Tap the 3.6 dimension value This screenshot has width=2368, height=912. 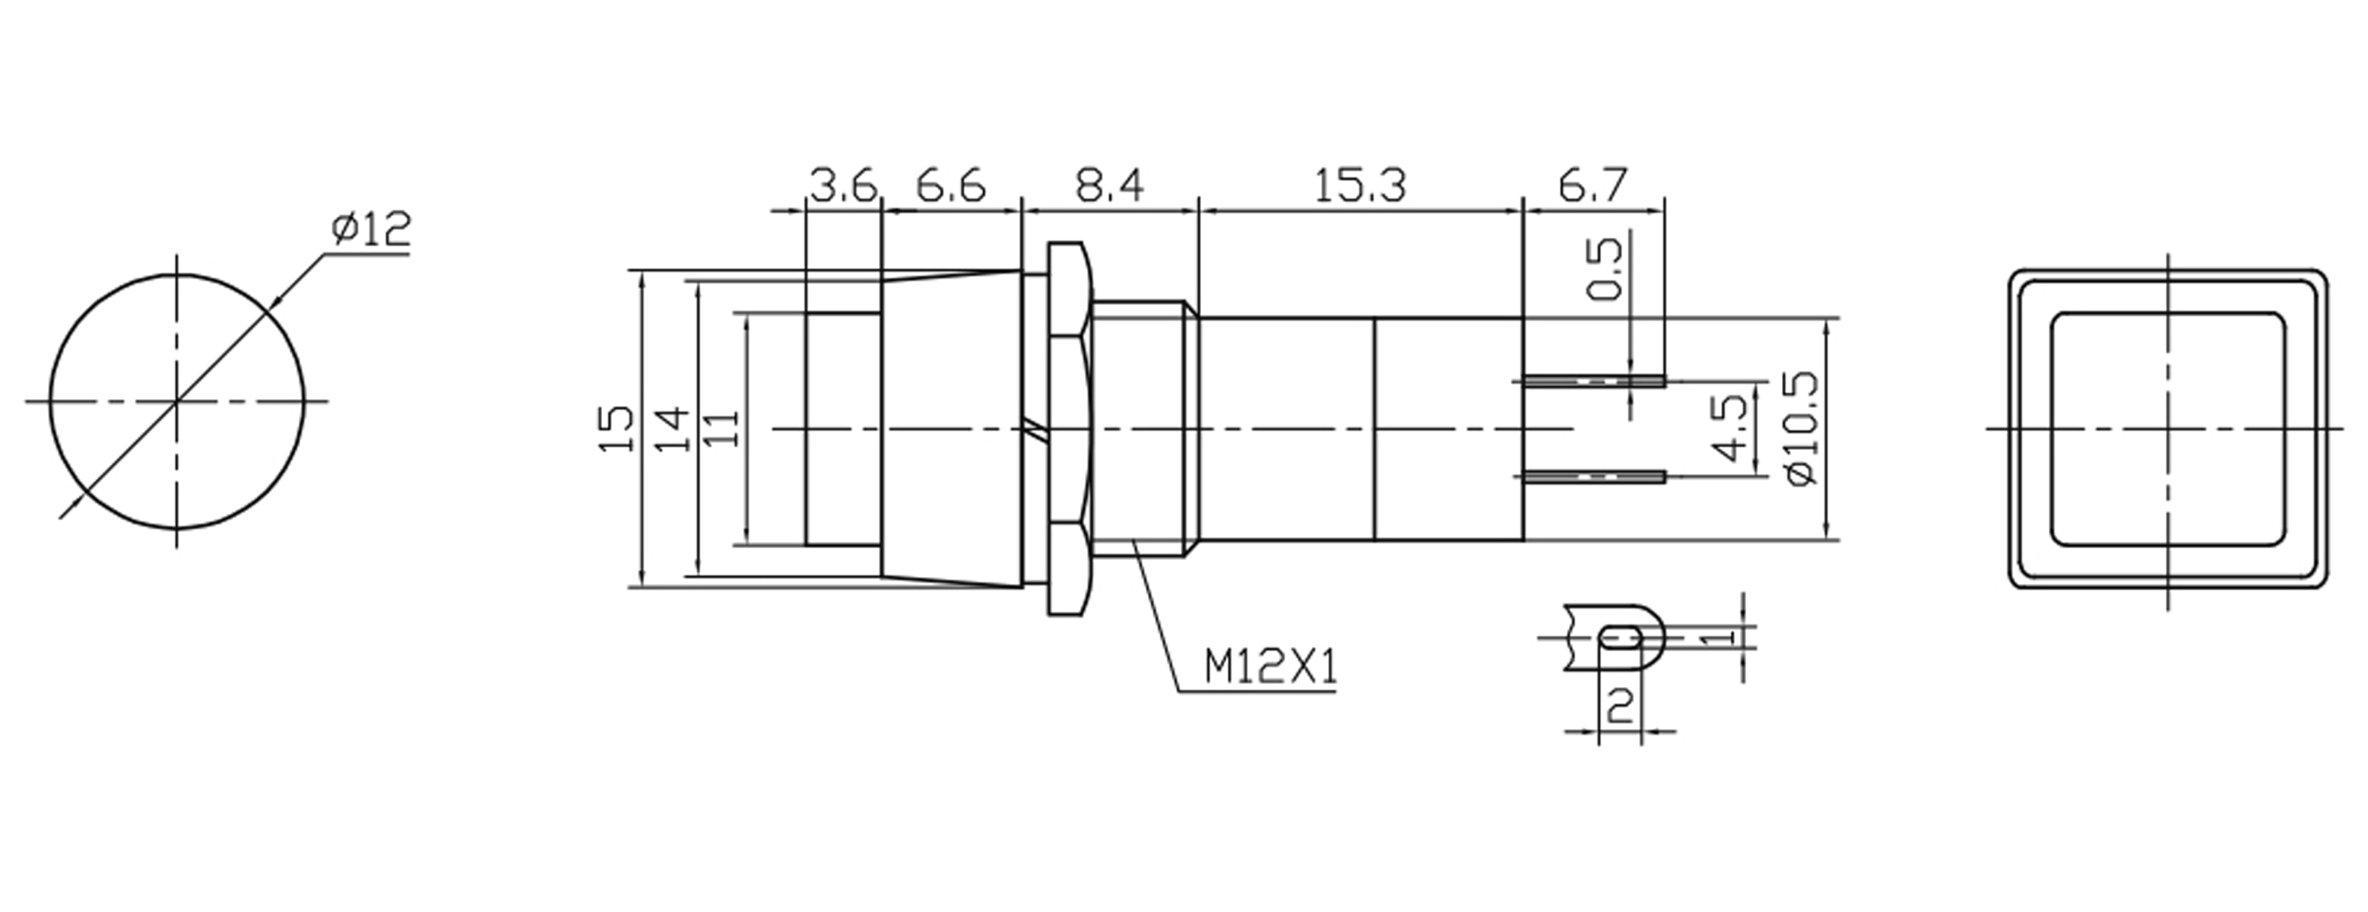[x=843, y=187]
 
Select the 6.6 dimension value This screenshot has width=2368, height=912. [x=950, y=187]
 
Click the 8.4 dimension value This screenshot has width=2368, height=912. [x=1110, y=187]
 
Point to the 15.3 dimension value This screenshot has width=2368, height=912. [x=1359, y=187]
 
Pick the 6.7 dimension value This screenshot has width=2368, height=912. [x=1592, y=187]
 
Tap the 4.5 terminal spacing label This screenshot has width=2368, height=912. [x=1732, y=429]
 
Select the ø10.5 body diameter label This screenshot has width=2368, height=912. [x=1801, y=429]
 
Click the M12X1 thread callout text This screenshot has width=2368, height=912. [x=1270, y=667]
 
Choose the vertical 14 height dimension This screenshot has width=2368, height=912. [x=672, y=429]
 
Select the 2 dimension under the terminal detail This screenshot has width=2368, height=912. [x=1620, y=706]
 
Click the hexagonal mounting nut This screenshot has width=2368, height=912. [x=1067, y=429]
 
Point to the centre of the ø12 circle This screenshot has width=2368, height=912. [x=176, y=402]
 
